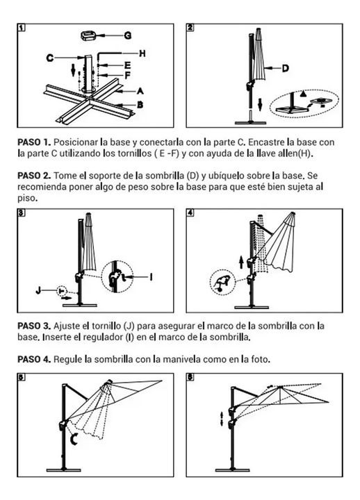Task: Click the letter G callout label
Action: tap(127, 35)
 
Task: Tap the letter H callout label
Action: tap(142, 53)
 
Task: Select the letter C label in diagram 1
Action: tap(50, 58)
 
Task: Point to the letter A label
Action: tap(140, 92)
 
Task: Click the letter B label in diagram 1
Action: tap(140, 105)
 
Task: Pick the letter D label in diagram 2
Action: tap(285, 68)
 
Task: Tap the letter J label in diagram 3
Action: tap(39, 290)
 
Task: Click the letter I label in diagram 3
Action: tap(151, 277)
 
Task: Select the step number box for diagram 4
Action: tap(190, 212)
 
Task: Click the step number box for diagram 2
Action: tap(190, 27)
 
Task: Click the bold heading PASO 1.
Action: tap(34, 142)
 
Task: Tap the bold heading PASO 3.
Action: tap(34, 326)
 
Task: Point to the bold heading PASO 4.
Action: tap(34, 360)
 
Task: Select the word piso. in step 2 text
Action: tap(27, 198)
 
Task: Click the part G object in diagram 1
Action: tap(89, 35)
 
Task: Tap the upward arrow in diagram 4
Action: tap(241, 262)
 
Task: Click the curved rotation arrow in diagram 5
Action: tap(74, 439)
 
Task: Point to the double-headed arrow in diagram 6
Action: tap(222, 418)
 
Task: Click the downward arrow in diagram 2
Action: tap(260, 105)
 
